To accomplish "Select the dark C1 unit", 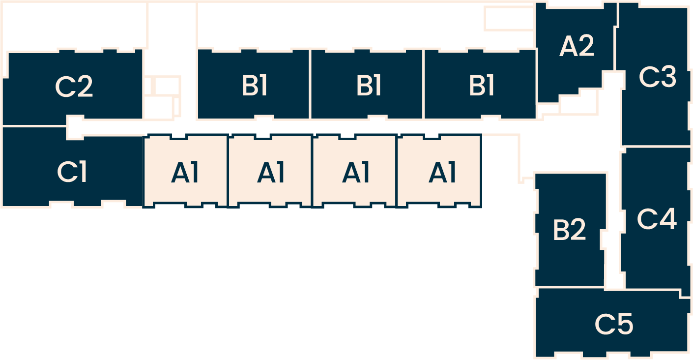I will (x=72, y=172).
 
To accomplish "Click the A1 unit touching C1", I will (x=185, y=173).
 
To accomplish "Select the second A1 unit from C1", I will (x=271, y=173).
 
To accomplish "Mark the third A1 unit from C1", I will (x=355, y=173).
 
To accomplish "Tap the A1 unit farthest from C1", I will (x=442, y=173).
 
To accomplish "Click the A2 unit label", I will (x=577, y=46).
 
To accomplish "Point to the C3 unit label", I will (x=657, y=77).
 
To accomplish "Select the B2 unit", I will (x=569, y=230).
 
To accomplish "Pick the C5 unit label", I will (x=614, y=324).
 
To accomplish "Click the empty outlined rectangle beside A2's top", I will (x=509, y=19).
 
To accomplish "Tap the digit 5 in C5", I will (x=625, y=324).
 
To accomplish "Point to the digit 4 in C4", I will (x=667, y=219).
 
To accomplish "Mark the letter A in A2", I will (x=568, y=46).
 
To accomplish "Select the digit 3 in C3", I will (x=667, y=77).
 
